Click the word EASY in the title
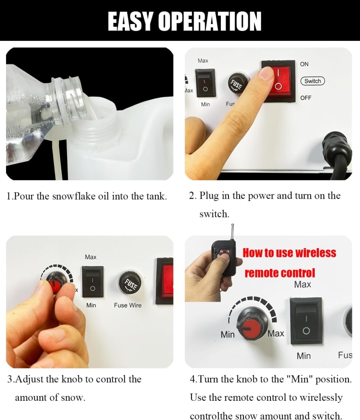pos(131,22)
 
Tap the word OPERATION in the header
pos(210,22)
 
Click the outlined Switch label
pos(313,81)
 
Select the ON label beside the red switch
pos(304,64)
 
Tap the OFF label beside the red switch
pos(306,98)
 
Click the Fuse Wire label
pos(128,305)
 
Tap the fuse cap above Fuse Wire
pos(130,284)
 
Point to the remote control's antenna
pos(232,232)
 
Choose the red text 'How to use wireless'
pos(289,253)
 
